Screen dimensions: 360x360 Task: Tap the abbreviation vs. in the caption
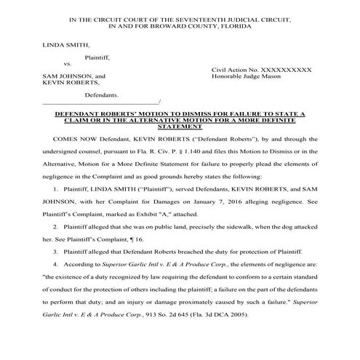[x=69, y=65]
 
